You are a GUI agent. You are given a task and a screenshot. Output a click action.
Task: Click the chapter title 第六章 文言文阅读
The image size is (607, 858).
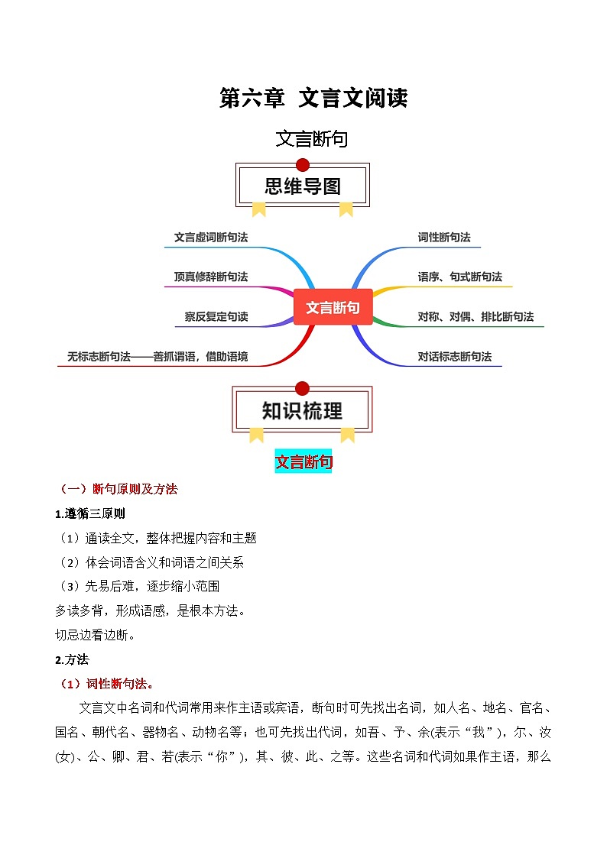coord(313,99)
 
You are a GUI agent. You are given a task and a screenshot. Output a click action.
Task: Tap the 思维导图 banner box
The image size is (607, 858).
coord(303,186)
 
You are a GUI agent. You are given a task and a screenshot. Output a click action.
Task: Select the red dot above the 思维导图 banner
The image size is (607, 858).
coord(303,164)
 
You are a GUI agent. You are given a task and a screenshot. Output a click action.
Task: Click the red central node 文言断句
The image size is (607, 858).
coord(333,307)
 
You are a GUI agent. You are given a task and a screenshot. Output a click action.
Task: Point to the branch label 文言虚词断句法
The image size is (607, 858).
coord(211,237)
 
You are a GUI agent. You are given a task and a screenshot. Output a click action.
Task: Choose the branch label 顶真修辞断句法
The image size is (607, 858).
coord(211,277)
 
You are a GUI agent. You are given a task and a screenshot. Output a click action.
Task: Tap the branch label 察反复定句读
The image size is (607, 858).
coord(216,316)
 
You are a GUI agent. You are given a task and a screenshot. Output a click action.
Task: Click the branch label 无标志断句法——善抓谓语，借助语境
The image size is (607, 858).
coord(157,356)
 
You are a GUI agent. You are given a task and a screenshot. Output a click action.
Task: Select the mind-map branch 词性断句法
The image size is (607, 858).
coord(444,237)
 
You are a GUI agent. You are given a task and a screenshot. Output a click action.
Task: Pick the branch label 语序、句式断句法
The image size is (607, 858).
coord(460,277)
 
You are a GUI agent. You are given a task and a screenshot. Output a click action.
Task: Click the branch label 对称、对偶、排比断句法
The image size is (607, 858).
coord(476,316)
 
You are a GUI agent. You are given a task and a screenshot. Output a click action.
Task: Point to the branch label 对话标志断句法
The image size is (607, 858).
coord(455,356)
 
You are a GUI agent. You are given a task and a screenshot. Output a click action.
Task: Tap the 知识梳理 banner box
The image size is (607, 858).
coord(303,410)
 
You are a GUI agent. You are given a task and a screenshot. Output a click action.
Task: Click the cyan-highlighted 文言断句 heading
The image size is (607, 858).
coord(303,461)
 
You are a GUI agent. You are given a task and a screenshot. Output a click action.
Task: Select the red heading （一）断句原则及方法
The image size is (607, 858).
coord(118,489)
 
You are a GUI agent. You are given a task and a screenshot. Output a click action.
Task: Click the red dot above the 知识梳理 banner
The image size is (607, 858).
coord(303,388)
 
